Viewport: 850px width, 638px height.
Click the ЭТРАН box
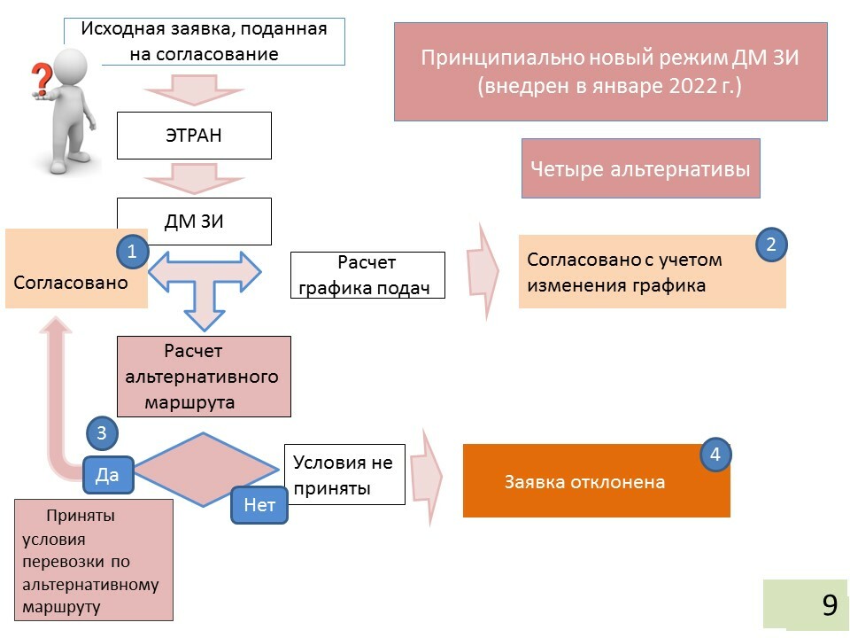(x=194, y=136)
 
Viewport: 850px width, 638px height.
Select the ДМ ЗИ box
(x=194, y=222)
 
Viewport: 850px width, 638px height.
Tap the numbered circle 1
(x=132, y=252)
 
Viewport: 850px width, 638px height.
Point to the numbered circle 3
(x=102, y=433)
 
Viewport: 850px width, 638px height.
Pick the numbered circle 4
(x=716, y=455)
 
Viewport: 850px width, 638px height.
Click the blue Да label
(x=107, y=475)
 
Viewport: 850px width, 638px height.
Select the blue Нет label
(x=259, y=505)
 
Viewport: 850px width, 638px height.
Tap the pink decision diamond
(x=205, y=470)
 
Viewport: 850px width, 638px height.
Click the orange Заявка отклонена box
(x=596, y=482)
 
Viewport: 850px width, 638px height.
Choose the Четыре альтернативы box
(x=640, y=168)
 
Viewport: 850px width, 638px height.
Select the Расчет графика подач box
(x=367, y=275)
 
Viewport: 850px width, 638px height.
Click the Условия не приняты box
(x=344, y=474)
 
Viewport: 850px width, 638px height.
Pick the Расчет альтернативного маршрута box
(x=204, y=377)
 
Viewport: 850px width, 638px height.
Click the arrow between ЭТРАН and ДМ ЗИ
(x=194, y=181)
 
